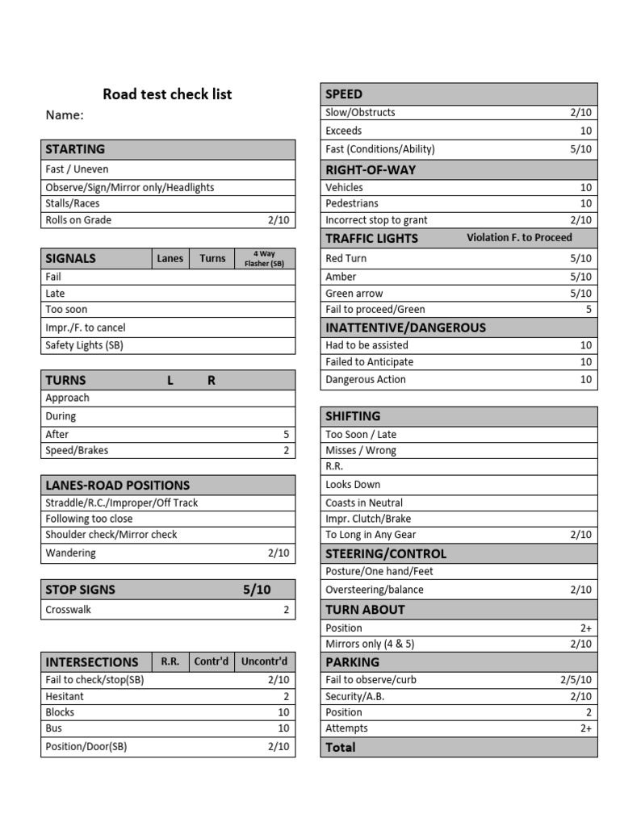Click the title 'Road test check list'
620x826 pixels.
[x=167, y=94]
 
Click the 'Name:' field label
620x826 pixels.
[x=65, y=115]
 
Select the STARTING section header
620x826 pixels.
[x=75, y=149]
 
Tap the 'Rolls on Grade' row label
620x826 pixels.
[x=78, y=220]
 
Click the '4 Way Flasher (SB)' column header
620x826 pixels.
[x=266, y=259]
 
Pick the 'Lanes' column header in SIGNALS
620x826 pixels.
[x=170, y=259]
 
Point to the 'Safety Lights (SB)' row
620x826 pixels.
[x=85, y=345]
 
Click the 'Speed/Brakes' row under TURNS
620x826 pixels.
[x=77, y=451]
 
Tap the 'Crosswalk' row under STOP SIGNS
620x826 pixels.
[x=69, y=610]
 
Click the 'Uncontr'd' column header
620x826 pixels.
[x=265, y=661]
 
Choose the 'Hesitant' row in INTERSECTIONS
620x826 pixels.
[x=65, y=696]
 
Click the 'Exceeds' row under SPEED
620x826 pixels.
[x=344, y=131]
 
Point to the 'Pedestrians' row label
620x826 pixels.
[x=352, y=203]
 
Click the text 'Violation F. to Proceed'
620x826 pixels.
[x=519, y=237]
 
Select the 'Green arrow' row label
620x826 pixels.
[x=354, y=294]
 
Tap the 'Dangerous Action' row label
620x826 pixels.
[x=366, y=380]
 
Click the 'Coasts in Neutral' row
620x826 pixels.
[x=364, y=503]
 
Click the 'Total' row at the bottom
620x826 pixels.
[x=341, y=748]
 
